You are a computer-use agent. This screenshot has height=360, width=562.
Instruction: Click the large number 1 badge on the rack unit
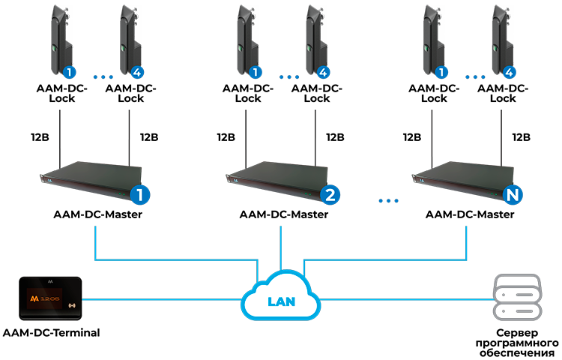(x=140, y=195)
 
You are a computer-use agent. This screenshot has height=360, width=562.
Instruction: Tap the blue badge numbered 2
(x=330, y=195)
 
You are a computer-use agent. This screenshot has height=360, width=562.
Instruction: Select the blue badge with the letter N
(x=513, y=196)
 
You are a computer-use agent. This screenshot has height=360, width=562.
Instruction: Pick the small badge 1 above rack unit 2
(x=256, y=73)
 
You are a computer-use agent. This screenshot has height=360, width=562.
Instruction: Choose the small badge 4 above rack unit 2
(x=322, y=73)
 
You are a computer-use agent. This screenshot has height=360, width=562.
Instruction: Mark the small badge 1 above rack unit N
(x=442, y=73)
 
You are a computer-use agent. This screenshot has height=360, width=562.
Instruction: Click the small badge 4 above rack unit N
(x=509, y=73)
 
